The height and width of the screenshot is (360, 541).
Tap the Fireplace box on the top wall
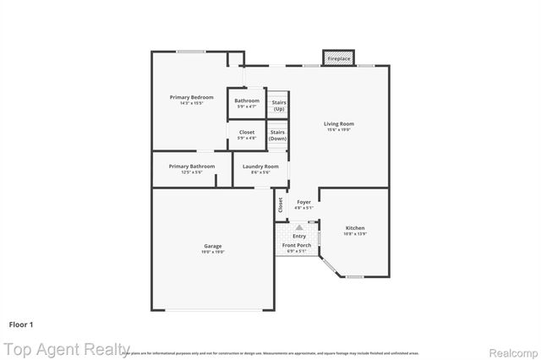[x=339, y=58]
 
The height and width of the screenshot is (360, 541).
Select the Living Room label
[x=339, y=125]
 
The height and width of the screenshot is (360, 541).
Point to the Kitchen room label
[x=355, y=229]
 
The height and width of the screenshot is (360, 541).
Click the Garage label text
[x=212, y=246]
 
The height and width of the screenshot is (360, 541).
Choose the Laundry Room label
[x=260, y=166]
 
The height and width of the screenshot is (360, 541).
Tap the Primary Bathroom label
[x=192, y=166]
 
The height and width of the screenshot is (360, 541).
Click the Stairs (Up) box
[x=278, y=105]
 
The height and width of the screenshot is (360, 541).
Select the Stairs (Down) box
[x=277, y=135]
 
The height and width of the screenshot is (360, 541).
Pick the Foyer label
[x=303, y=202]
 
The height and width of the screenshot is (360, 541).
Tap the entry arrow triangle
[x=298, y=227]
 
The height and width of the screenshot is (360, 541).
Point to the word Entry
[x=299, y=236]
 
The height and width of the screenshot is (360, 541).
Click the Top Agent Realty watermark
[x=59, y=348]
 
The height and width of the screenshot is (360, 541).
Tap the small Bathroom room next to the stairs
[x=247, y=101]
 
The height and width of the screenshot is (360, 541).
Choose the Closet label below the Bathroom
[x=247, y=133]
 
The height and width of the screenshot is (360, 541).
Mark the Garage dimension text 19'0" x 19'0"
[x=212, y=252]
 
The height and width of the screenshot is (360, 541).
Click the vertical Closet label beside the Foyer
[x=281, y=204]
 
